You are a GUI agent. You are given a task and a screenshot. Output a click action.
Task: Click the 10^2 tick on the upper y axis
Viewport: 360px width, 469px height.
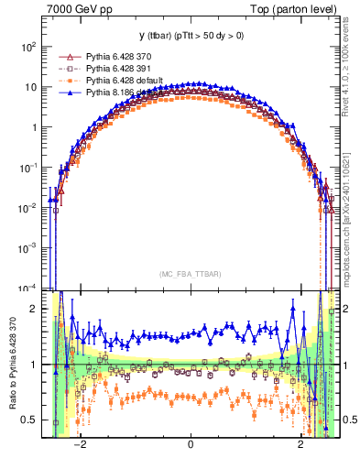[x=30, y=46]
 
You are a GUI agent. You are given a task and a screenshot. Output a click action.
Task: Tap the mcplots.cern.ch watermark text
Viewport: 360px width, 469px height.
[x=348, y=220]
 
